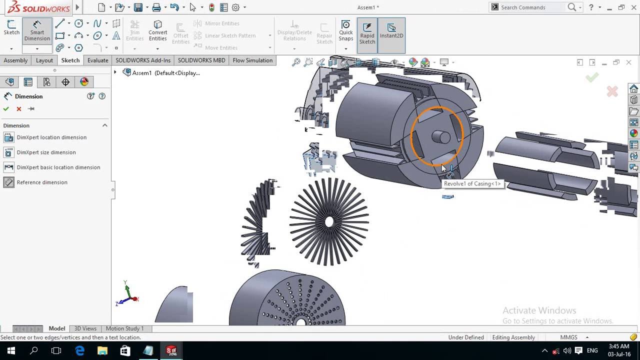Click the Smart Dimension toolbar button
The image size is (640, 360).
click(x=37, y=31)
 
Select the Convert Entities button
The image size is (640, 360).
click(x=157, y=31)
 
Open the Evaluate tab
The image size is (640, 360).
click(x=97, y=60)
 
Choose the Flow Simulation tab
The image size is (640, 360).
click(x=252, y=60)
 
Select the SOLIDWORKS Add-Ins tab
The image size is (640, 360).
click(x=143, y=60)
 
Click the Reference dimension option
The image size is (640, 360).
click(x=42, y=182)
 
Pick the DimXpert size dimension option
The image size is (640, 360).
click(x=46, y=152)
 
